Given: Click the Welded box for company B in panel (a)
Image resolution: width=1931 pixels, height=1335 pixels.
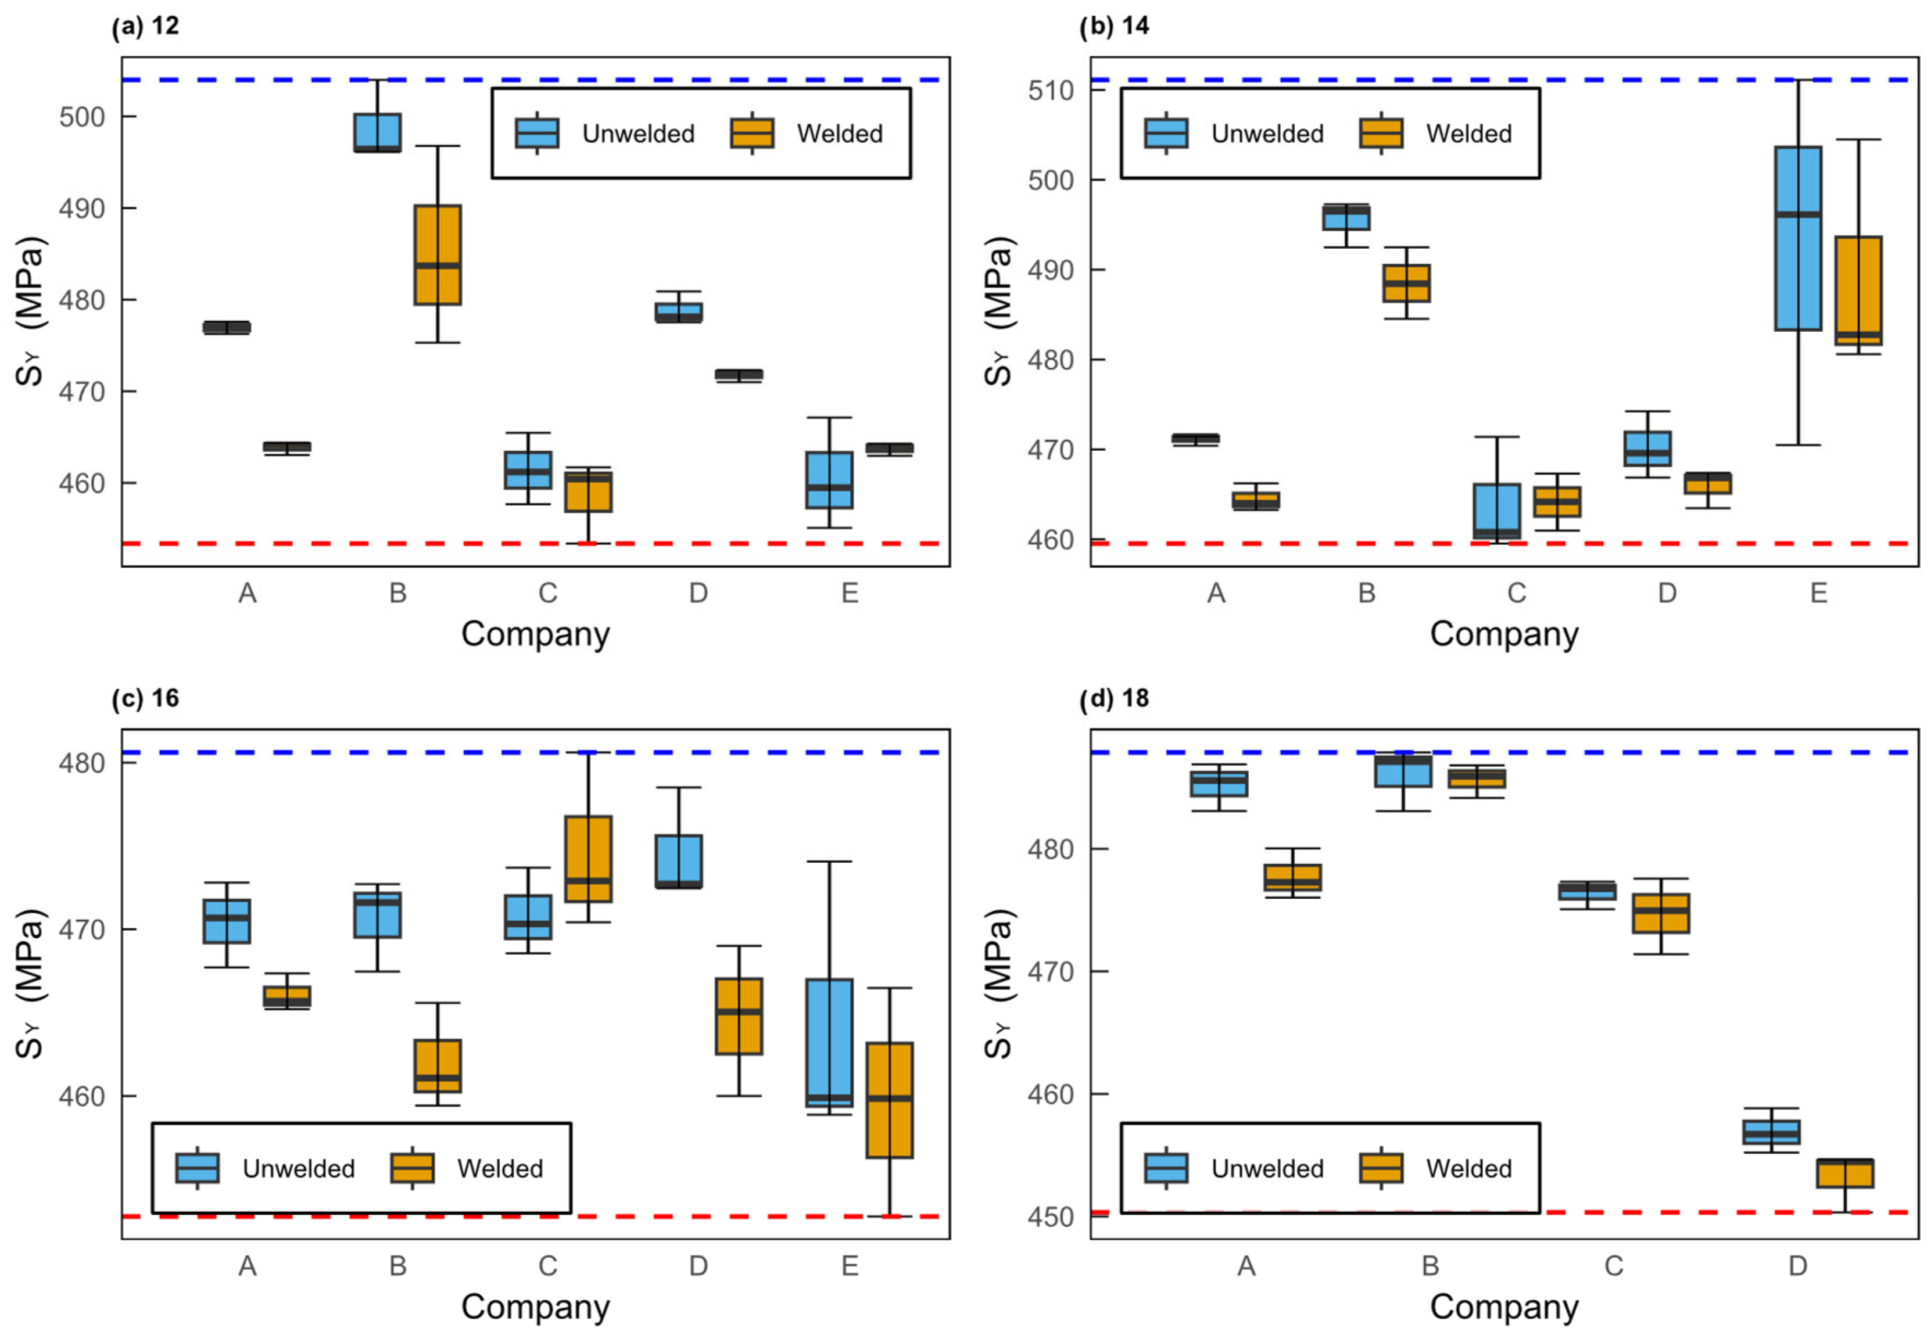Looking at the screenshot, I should [437, 254].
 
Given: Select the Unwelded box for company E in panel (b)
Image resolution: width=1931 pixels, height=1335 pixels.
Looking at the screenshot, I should [1797, 238].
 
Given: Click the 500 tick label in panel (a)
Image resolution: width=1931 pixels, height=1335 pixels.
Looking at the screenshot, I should [82, 117].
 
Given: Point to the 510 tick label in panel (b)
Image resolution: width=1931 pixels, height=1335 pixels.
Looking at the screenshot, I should [1051, 91].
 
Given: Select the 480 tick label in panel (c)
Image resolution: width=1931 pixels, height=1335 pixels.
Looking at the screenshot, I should [82, 763].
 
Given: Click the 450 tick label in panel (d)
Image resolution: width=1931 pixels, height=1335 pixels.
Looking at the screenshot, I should [1051, 1217].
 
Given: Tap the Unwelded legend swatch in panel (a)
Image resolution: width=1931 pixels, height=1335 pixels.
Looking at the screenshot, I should [536, 133].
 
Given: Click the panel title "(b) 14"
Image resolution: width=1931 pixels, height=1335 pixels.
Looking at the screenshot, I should [1113, 26].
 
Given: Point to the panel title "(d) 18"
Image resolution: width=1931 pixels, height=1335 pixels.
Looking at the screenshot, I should [1113, 698].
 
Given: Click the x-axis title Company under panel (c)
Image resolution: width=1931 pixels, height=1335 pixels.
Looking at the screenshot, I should [535, 1307].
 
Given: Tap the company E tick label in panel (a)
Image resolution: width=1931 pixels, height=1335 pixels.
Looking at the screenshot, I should [849, 593].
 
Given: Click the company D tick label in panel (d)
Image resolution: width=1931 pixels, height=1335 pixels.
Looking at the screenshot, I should [1797, 1265].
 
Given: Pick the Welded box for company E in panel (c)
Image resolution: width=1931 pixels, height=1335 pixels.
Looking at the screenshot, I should [889, 1100].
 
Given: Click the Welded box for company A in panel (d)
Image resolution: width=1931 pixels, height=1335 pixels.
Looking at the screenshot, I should [1292, 877].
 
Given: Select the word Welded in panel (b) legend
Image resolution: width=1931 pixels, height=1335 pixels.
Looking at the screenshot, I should [1468, 134].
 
